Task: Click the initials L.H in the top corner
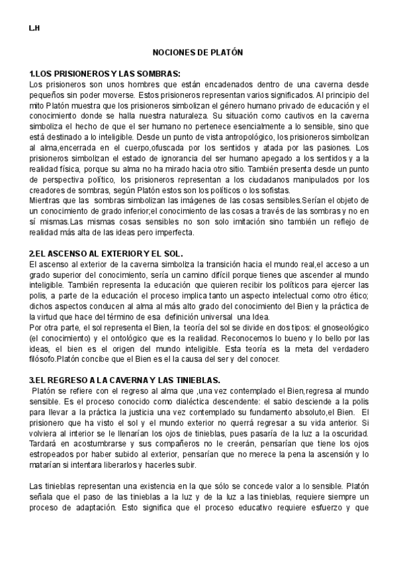click(x=34, y=29)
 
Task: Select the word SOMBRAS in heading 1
click(x=157, y=74)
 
